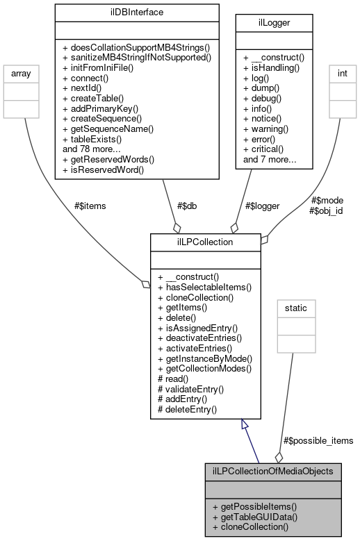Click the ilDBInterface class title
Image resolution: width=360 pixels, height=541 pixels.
tap(137, 12)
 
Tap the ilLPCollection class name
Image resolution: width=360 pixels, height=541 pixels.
tap(205, 242)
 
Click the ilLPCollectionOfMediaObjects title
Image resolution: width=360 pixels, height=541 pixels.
tap(278, 470)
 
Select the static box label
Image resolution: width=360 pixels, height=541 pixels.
tap(296, 307)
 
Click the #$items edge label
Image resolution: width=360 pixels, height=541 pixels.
tap(90, 205)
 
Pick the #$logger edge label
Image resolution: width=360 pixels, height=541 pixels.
tap(263, 205)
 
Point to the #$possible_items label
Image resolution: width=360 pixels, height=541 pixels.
tap(319, 440)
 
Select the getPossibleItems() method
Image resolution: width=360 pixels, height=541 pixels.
tap(255, 506)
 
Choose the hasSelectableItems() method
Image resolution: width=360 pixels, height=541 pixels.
tap(205, 287)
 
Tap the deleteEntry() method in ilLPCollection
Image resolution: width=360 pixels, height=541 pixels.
tap(188, 409)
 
